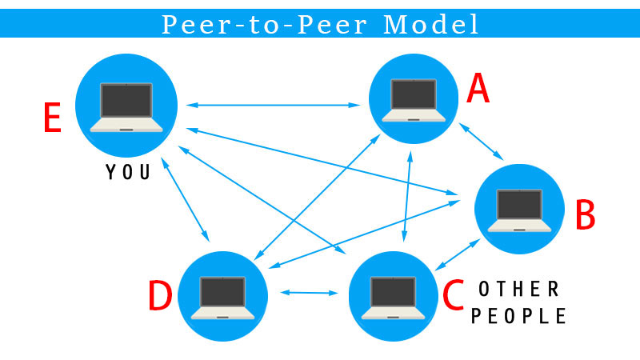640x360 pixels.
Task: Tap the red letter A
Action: (x=478, y=90)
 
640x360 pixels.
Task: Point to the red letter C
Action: (x=453, y=296)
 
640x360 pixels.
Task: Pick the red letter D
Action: (x=160, y=297)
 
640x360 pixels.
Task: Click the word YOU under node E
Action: (x=128, y=172)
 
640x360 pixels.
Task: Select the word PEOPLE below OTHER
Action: (x=518, y=316)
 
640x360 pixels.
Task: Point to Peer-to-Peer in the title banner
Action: (x=266, y=25)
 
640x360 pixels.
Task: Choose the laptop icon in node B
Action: (x=520, y=210)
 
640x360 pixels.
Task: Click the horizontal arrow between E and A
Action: (x=273, y=105)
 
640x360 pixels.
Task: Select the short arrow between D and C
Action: (x=307, y=293)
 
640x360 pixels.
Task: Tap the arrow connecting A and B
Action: (x=481, y=142)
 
